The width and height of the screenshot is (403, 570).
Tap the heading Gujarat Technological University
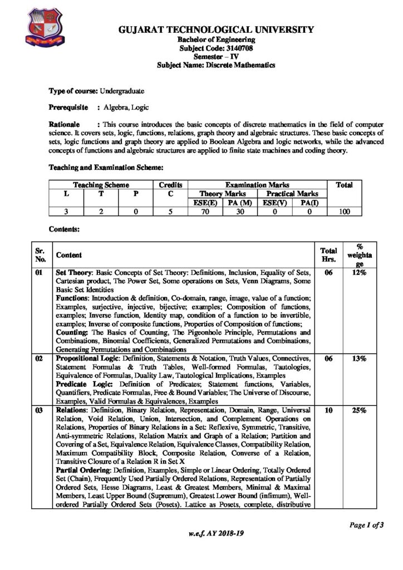(216, 30)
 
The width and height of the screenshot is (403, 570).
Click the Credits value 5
(171, 212)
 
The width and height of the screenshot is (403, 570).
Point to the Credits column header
(171, 184)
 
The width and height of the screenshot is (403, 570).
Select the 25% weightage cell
(358, 410)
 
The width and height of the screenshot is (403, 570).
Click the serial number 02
(39, 358)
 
